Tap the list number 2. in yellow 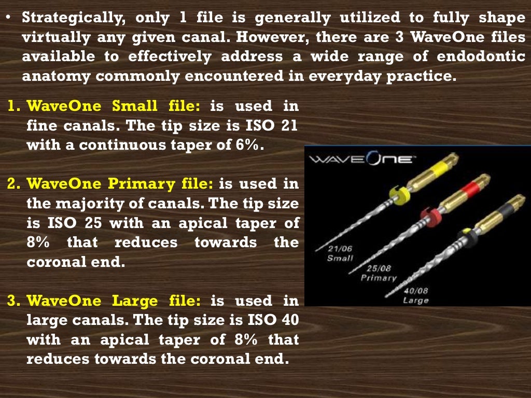[x=14, y=183]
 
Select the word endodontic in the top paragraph [x=481, y=56]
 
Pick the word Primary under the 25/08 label [x=379, y=279]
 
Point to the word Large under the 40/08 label [x=416, y=301]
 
